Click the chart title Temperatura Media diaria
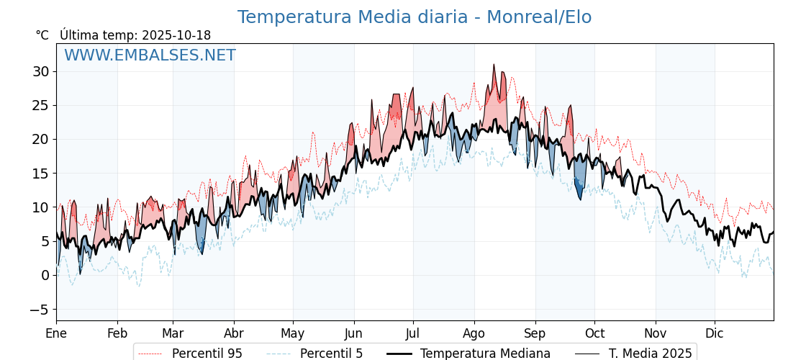[414, 17]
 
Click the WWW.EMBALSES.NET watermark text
[150, 55]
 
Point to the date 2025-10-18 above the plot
[176, 35]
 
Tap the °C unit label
[42, 35]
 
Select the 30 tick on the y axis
[40, 71]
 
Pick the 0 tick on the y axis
[45, 275]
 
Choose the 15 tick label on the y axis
[40, 174]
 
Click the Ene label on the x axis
[56, 333]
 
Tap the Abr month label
[234, 333]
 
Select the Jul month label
[413, 333]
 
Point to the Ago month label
[474, 333]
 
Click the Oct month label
[594, 333]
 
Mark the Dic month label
[715, 333]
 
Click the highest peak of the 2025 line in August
[494, 65]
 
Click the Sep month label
[535, 333]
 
